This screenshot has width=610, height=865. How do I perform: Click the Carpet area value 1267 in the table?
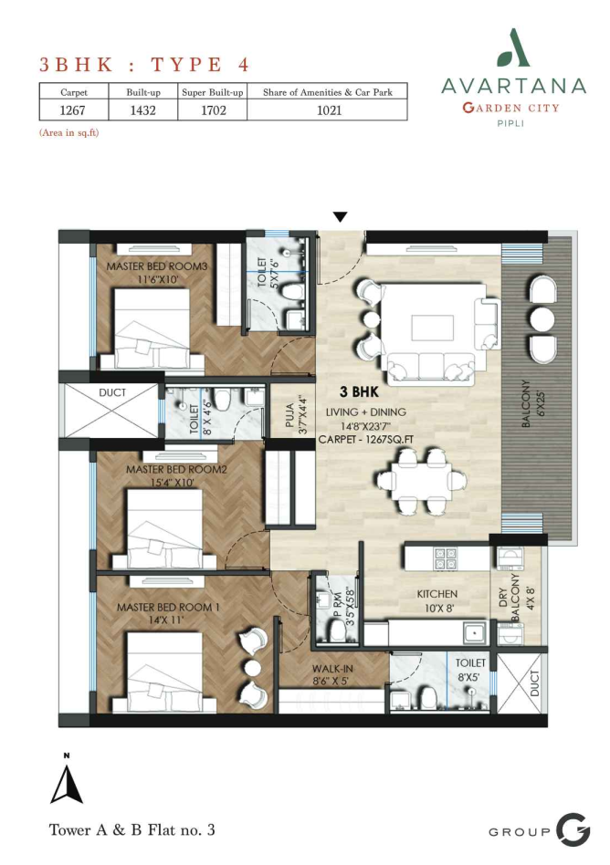point(72,110)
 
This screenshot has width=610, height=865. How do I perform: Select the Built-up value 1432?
point(143,110)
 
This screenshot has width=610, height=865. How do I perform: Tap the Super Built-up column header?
point(213,92)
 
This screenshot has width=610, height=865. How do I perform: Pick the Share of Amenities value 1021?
point(329,110)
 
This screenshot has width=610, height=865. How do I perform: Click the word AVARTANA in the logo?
point(513,86)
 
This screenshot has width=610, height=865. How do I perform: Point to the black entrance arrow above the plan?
point(341,217)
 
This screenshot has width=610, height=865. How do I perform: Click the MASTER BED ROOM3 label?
point(157,266)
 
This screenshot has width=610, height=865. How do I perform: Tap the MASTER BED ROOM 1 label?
point(168,607)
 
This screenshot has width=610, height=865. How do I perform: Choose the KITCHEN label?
point(436,594)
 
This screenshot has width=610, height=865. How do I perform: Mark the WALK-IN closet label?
point(332,669)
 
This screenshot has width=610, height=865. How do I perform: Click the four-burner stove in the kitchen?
point(445,558)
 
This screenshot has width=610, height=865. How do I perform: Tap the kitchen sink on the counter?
point(474,632)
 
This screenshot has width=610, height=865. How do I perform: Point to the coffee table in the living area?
point(432,328)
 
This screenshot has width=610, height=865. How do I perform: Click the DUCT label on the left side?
point(112,392)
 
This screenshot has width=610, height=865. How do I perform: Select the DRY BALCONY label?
point(509,597)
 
